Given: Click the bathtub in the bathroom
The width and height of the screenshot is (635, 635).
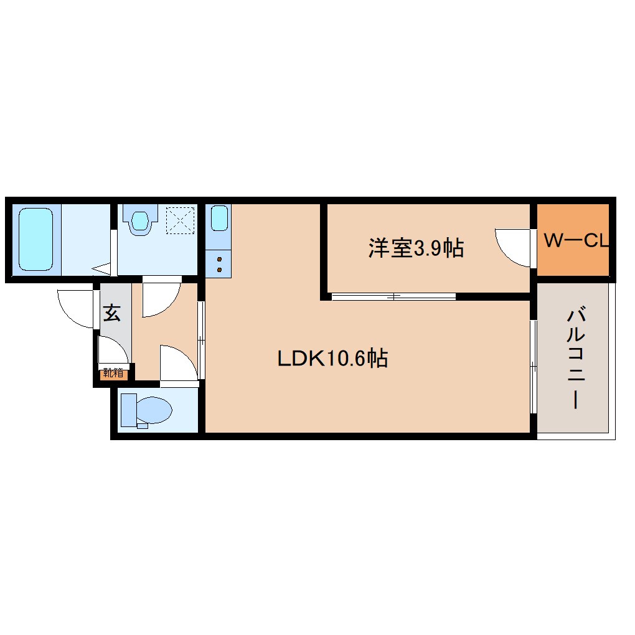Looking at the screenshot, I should click(x=35, y=239).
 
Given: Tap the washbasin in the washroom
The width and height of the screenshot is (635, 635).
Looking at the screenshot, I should click(x=141, y=220).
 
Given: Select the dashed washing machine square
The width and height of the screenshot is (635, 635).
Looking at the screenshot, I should click(x=181, y=220).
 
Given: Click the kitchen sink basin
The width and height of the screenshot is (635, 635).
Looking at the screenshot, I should click(x=219, y=219).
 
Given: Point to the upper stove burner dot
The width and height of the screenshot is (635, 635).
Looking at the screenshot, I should click(x=219, y=258).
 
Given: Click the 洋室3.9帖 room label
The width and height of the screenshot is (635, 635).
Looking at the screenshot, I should click(x=416, y=248).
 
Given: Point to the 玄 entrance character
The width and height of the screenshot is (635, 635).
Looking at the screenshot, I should click(x=111, y=313).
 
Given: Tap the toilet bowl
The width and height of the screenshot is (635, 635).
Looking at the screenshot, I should click(x=154, y=411).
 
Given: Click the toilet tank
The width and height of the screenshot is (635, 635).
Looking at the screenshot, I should click(x=128, y=411).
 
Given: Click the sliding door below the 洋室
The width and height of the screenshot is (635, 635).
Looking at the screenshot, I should click(x=393, y=296).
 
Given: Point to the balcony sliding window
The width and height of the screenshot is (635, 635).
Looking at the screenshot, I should click(x=533, y=367).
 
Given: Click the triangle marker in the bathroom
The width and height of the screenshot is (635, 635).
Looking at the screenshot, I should click(x=102, y=269).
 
